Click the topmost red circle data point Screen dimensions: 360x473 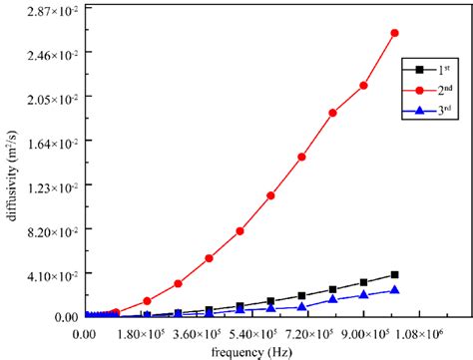pyautogui.click(x=394, y=33)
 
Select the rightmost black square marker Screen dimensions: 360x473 pyautogui.click(x=394, y=274)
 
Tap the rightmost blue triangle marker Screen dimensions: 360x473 pyautogui.click(x=394, y=290)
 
